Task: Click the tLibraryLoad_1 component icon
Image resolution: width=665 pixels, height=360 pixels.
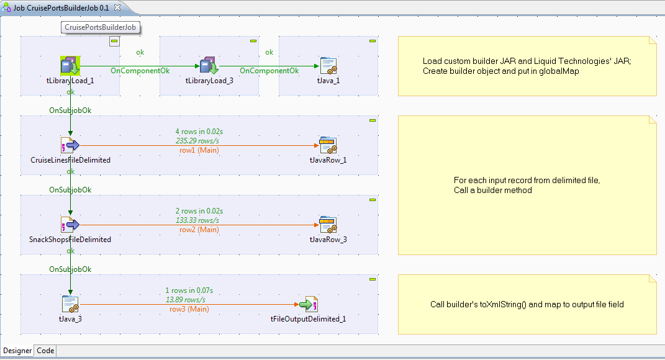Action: coord(70,66)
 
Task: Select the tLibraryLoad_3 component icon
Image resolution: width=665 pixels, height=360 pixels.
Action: coord(209,66)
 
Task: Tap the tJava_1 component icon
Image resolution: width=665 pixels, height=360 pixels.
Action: coord(328,66)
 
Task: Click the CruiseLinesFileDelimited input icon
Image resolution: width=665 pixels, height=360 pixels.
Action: coord(70,145)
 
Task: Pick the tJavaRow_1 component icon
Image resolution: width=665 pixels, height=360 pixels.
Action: coord(328,145)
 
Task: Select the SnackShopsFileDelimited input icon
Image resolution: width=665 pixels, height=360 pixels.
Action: coord(70,225)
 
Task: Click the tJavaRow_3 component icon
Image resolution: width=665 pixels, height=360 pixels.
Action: coord(328,225)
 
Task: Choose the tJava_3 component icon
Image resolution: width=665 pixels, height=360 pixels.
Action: coord(70,304)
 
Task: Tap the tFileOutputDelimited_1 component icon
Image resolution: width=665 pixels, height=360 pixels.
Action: coord(308,304)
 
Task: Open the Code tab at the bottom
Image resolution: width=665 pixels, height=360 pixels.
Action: coord(46,351)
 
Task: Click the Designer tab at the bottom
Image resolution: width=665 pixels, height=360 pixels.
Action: coord(17,351)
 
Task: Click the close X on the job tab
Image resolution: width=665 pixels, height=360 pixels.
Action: coord(117,7)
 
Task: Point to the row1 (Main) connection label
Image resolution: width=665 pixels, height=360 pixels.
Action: coord(199,150)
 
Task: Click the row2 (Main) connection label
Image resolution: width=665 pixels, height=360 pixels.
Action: coord(199,230)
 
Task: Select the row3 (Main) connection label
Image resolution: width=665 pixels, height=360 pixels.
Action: coord(189,309)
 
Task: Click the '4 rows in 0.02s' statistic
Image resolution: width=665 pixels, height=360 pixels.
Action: coord(199,132)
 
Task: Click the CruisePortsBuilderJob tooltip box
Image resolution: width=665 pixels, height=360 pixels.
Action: coord(101,27)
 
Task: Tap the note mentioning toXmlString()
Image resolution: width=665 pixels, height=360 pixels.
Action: coord(527,304)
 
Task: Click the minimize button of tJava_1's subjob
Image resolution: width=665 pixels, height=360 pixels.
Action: coord(372,41)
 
